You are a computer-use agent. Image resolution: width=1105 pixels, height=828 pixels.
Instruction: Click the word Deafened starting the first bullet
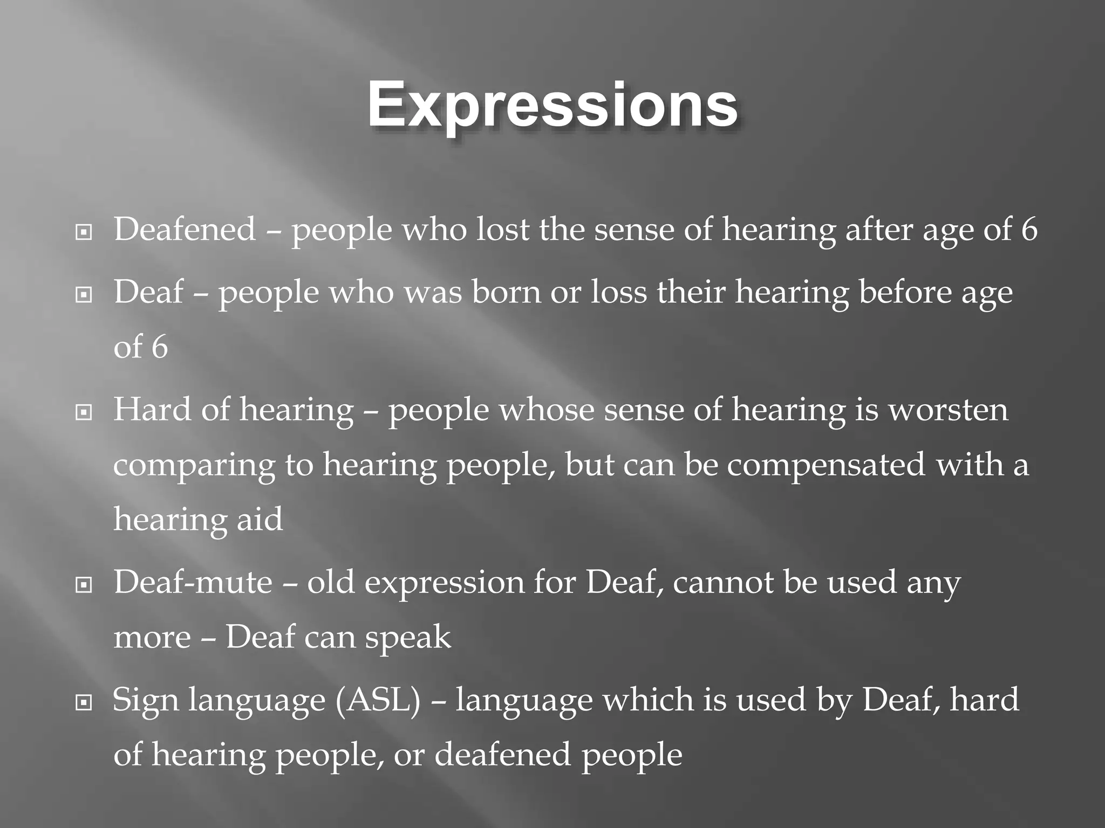(185, 229)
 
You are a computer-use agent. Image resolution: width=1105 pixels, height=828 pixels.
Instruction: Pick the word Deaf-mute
(193, 583)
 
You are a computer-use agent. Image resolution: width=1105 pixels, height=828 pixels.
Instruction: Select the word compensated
(826, 465)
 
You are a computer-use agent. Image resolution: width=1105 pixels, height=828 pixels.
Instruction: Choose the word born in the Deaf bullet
(506, 292)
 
